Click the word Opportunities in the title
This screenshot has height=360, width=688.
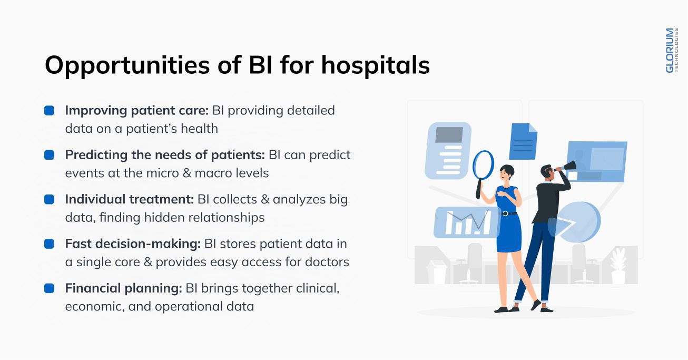click(x=127, y=66)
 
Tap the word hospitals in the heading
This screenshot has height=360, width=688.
click(x=375, y=66)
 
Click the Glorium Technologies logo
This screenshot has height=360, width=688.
click(x=672, y=51)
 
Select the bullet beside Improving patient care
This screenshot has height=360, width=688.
click(x=49, y=110)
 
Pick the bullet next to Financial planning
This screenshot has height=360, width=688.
click(x=49, y=288)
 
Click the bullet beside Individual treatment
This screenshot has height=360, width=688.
click(x=49, y=200)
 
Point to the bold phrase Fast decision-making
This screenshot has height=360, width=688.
click(x=133, y=244)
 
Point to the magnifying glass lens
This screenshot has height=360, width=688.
click(x=484, y=165)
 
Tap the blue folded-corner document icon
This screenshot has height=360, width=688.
click(x=523, y=141)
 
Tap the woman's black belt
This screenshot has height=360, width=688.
click(x=509, y=213)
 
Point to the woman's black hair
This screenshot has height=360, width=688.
click(x=507, y=170)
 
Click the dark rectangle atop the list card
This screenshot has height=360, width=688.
click(x=449, y=134)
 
